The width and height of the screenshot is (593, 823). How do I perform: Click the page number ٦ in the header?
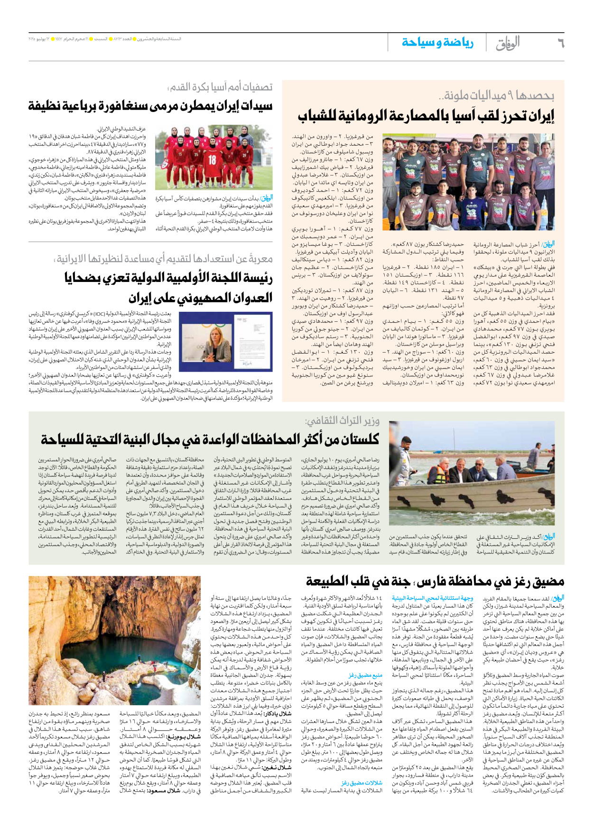tap(560, 43)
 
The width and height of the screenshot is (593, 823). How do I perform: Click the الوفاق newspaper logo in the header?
tap(508, 43)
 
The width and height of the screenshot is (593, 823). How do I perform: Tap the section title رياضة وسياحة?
tap(437, 43)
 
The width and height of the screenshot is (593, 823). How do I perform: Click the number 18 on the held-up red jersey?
tap(212, 160)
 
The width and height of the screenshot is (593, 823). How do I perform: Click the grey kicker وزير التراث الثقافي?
tap(342, 421)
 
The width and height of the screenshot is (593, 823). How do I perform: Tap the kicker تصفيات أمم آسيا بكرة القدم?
tap(220, 87)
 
